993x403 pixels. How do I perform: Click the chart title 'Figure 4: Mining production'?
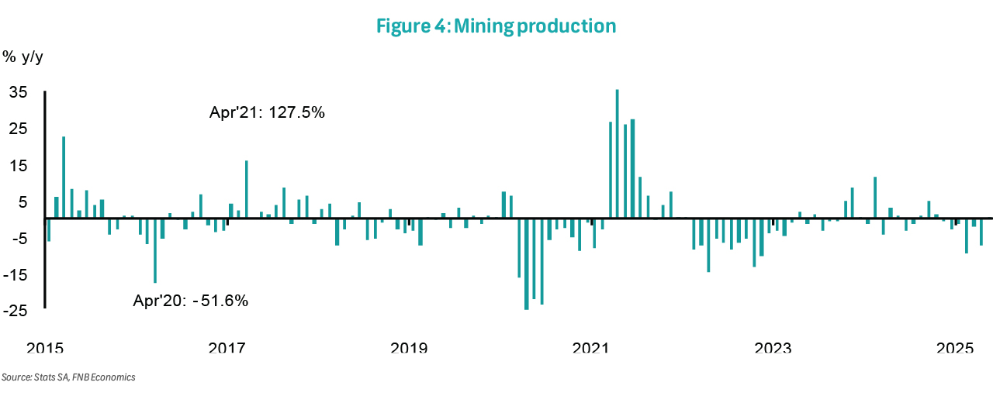click(x=496, y=26)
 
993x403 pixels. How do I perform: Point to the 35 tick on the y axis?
click(x=18, y=92)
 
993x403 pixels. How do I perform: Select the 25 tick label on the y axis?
click(x=18, y=129)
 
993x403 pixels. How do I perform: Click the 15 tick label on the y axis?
click(x=18, y=166)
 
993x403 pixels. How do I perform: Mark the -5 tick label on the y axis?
click(x=19, y=239)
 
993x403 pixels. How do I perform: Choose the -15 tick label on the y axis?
click(x=16, y=275)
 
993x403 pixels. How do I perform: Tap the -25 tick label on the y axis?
click(x=16, y=312)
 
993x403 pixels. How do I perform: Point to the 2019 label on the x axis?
click(x=408, y=348)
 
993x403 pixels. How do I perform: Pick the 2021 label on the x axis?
click(x=590, y=348)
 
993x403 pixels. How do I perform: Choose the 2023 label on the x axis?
click(x=773, y=348)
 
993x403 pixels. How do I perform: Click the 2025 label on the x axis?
click(x=956, y=348)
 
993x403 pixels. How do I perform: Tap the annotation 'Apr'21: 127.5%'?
click(x=267, y=112)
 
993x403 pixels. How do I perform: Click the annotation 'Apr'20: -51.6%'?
click(x=191, y=301)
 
